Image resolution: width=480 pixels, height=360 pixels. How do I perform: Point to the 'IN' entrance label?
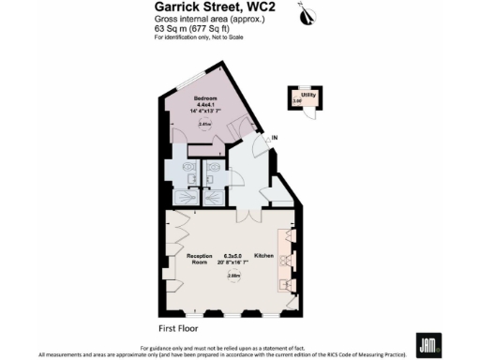[x=275, y=140]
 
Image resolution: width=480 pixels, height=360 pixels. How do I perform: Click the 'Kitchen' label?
[x=262, y=255]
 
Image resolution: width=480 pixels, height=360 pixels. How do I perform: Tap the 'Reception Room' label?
[x=198, y=259]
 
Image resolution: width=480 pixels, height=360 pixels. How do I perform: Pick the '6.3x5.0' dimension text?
[x=232, y=255]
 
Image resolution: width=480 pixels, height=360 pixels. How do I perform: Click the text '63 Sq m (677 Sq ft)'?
[x=193, y=29]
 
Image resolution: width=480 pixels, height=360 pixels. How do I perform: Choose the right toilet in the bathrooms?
[x=214, y=173]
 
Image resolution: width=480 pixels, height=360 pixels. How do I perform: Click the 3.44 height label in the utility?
[x=297, y=100]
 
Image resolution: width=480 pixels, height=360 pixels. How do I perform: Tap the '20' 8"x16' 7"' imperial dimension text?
[x=232, y=262]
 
